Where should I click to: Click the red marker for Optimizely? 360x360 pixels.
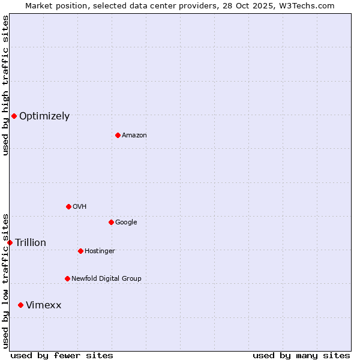14,116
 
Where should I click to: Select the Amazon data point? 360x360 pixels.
118,135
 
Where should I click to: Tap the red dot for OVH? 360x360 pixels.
68,206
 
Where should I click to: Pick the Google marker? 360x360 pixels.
111,222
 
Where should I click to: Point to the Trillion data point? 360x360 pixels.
10,242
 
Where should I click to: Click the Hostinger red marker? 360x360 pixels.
80,251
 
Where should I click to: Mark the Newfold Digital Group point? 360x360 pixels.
67,278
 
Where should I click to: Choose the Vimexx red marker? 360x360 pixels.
20,305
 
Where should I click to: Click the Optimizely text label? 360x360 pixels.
44,116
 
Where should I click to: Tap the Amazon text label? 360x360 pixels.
134,136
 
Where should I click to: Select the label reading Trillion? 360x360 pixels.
31,243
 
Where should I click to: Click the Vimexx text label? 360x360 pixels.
43,305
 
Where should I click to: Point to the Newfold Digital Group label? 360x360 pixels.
106,278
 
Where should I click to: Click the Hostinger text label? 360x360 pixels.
100,251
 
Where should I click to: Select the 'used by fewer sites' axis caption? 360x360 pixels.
62,355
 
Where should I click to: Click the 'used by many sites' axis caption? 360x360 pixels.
301,355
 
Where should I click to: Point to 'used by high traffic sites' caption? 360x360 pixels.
5,85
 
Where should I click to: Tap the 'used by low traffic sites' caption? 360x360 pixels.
5,280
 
